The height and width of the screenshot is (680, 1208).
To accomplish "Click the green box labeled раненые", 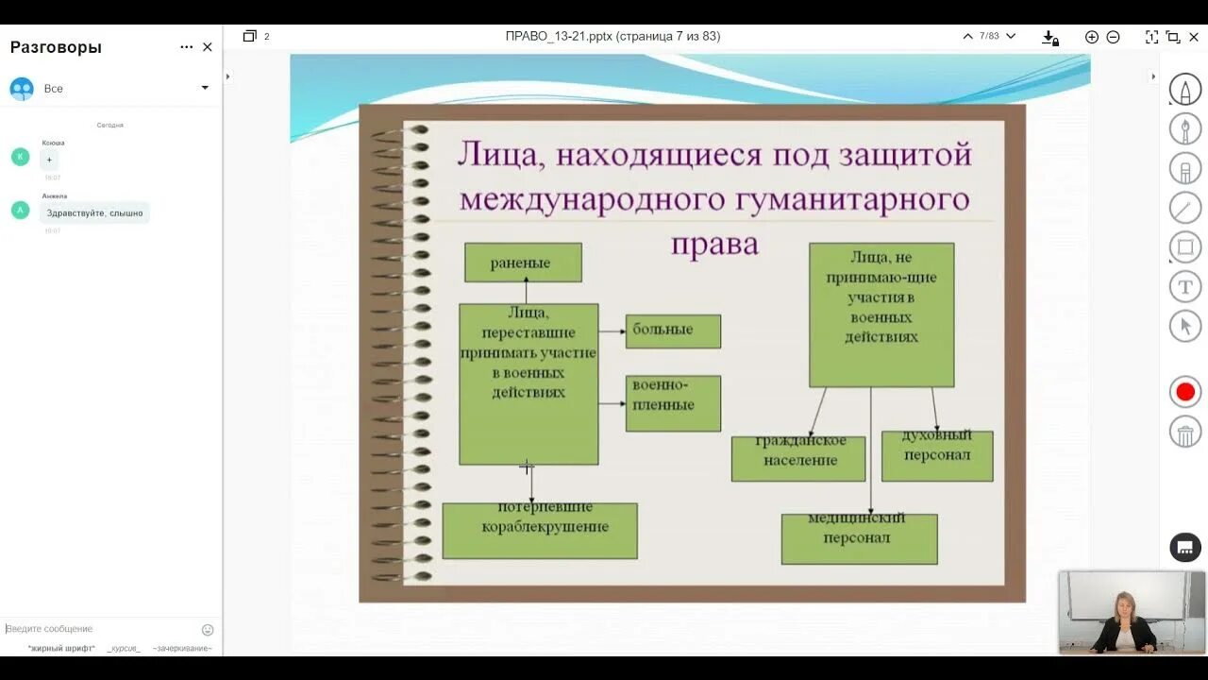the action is (x=523, y=263).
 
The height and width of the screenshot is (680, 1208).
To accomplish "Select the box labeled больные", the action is (x=673, y=331).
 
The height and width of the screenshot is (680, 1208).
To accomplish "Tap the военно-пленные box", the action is (x=673, y=403).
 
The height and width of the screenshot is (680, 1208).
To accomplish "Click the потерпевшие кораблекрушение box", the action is (x=540, y=530).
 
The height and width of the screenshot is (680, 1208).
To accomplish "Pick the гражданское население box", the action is (x=797, y=458).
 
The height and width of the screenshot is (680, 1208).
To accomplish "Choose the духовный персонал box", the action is (x=937, y=456).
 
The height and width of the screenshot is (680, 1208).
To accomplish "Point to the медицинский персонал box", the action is (x=859, y=539).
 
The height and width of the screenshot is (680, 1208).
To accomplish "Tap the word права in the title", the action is (x=714, y=243).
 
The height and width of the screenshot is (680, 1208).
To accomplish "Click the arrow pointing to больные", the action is (x=613, y=331).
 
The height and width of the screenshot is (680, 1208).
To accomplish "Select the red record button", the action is (x=1185, y=392).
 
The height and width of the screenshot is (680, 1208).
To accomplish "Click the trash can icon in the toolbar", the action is (x=1185, y=433).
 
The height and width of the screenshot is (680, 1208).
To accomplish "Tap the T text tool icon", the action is (x=1185, y=286).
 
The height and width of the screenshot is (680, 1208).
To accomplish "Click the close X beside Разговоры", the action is (x=208, y=47).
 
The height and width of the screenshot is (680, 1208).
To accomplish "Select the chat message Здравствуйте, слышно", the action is (x=95, y=213).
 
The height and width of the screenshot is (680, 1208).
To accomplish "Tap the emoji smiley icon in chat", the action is (x=208, y=630).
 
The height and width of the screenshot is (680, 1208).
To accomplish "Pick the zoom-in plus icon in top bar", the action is (x=1092, y=37).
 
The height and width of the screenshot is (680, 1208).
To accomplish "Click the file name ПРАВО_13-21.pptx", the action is (x=559, y=37).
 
